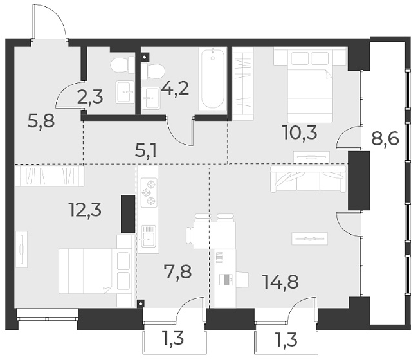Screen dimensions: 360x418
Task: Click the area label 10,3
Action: (300, 132)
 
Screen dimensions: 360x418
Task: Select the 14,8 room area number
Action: (280, 281)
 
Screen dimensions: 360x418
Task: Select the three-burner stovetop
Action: (149, 192)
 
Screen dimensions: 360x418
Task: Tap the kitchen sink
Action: (149, 236)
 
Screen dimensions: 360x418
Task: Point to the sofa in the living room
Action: (308, 178)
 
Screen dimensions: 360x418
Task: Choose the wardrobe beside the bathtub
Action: (242, 81)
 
